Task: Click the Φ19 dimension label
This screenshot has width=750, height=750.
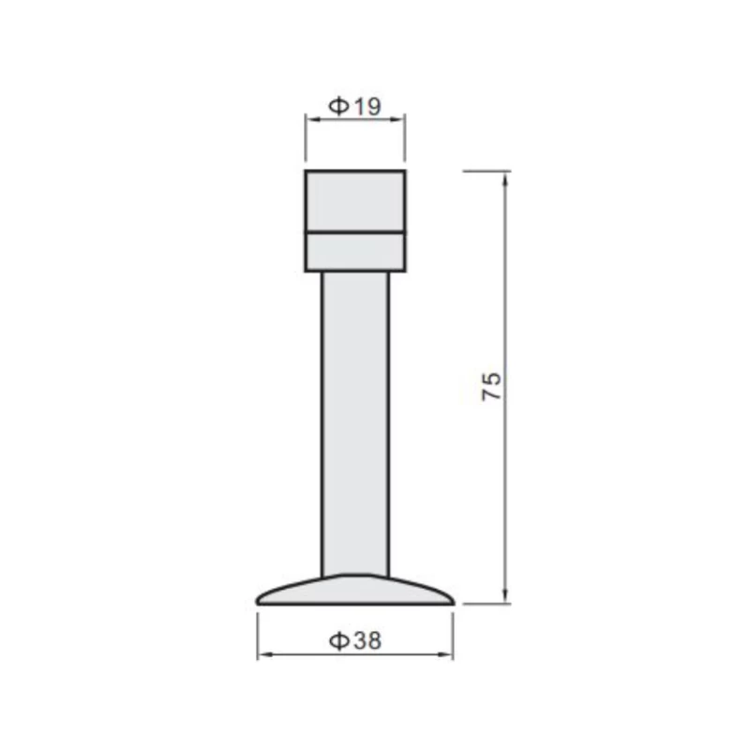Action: [x=355, y=106]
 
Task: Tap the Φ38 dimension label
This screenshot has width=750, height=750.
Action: [x=355, y=641]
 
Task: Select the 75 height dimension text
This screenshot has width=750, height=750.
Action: [x=491, y=386]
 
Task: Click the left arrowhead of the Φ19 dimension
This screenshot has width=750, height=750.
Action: [x=313, y=120]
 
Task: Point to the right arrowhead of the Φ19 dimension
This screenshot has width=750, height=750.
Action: [x=397, y=120]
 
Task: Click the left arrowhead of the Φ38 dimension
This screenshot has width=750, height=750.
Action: [x=265, y=653]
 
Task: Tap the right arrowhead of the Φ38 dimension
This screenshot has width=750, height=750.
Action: [x=444, y=653]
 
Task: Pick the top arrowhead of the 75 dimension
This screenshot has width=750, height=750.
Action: [x=505, y=179]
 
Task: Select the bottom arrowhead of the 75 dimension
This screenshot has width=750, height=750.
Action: [x=505, y=596]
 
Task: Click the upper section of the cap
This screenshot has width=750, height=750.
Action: [x=355, y=201]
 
